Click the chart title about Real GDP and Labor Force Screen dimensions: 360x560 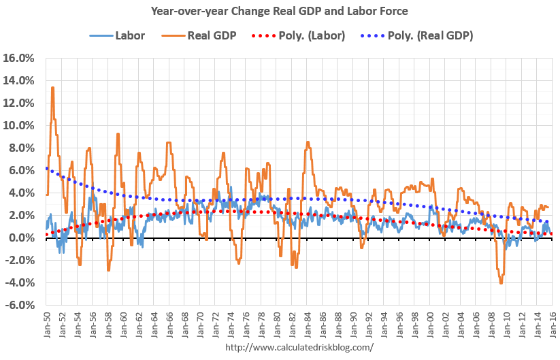(280, 11)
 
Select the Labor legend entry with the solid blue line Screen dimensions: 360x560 (117, 35)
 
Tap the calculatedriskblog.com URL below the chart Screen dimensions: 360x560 (299, 348)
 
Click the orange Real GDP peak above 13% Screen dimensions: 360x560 (52, 87)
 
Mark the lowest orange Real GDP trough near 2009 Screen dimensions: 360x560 (501, 283)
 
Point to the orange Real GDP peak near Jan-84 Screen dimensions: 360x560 (308, 142)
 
